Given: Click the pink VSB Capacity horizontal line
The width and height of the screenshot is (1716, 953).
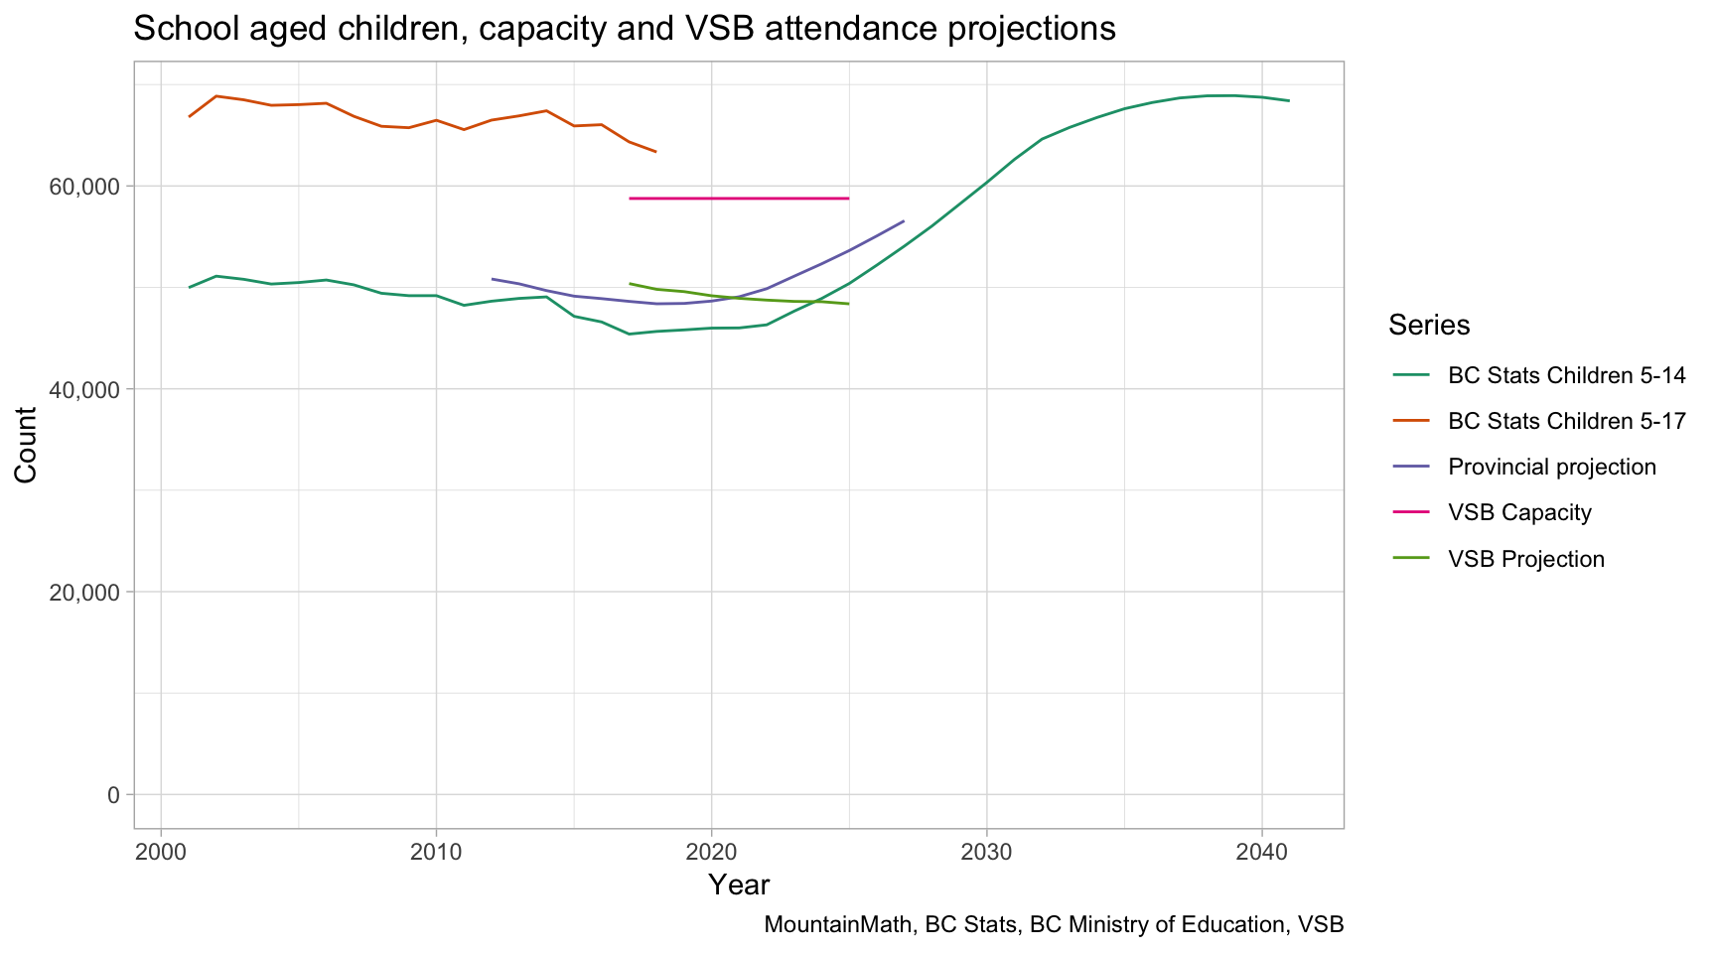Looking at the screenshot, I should (739, 199).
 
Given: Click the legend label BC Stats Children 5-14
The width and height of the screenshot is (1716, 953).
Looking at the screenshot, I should (1566, 375).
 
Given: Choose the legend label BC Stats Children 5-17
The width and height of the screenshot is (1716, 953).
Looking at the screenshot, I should (1566, 421).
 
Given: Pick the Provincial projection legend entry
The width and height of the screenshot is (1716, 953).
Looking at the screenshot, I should (1551, 467).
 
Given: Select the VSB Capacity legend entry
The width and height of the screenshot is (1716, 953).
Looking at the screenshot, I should (1519, 512).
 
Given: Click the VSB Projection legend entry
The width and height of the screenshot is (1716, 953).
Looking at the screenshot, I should (1525, 559).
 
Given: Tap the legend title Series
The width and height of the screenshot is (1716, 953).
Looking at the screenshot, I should (1429, 325).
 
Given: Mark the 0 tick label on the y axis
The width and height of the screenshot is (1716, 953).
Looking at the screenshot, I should (112, 794).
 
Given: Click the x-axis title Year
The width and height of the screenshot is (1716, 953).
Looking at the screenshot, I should (739, 885).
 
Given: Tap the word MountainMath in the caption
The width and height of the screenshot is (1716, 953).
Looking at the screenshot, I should (840, 925).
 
